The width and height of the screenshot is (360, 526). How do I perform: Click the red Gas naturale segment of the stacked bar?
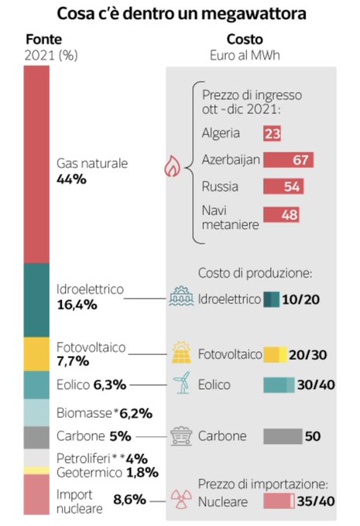[x=36, y=164]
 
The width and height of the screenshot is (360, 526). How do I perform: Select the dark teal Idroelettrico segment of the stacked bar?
[x=36, y=300]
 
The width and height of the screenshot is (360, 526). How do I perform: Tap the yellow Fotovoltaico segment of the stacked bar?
[x=36, y=354]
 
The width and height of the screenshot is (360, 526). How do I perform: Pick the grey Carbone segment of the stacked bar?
[x=36, y=438]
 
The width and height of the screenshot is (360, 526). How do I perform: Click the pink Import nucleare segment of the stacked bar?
[x=36, y=495]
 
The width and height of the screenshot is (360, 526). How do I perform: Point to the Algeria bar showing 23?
[x=272, y=133]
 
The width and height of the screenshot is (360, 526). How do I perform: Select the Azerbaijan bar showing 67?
[x=289, y=159]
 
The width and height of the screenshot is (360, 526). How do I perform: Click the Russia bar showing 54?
[x=283, y=186]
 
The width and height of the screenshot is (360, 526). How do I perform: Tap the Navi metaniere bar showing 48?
[x=281, y=215]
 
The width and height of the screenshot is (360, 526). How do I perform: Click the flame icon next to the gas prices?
[x=172, y=166]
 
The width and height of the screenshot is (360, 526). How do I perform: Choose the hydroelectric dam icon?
[x=181, y=295]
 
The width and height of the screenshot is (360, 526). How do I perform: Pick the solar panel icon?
[x=181, y=352]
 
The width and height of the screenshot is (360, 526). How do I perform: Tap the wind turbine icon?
[x=182, y=382]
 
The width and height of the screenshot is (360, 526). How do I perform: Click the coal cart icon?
[x=181, y=435]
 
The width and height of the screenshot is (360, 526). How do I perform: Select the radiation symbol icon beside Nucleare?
[x=181, y=499]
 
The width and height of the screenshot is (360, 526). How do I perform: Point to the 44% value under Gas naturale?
[x=71, y=179]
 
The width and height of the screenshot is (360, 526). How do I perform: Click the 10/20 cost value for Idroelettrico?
[x=301, y=299]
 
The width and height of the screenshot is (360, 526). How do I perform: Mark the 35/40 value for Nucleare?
[x=316, y=501]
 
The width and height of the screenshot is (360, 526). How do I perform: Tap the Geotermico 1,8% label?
[x=108, y=473]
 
